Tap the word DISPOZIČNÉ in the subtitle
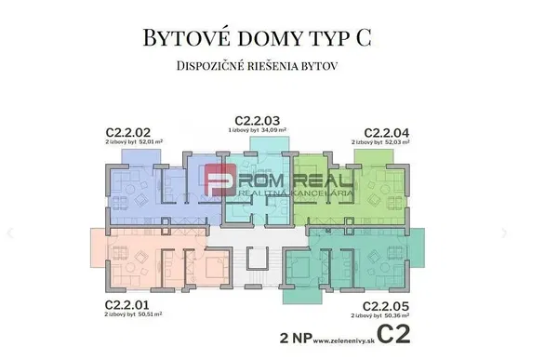pyautogui.click(x=214, y=67)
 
